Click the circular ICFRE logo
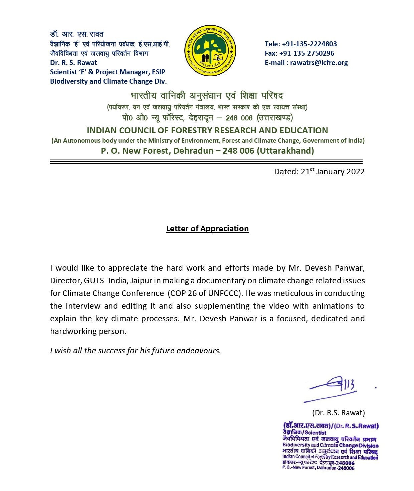[210, 50]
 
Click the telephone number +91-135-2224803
[309, 44]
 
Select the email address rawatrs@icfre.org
[319, 63]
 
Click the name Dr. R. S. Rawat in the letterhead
[73, 63]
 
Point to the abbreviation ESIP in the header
[159, 72]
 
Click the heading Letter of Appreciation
[207, 229]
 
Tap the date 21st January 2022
[333, 172]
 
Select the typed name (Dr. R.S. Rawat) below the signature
[339, 413]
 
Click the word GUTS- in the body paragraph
[95, 281]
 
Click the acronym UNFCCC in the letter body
[224, 293]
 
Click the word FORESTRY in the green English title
[193, 130]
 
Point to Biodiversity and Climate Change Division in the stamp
[330, 445]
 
